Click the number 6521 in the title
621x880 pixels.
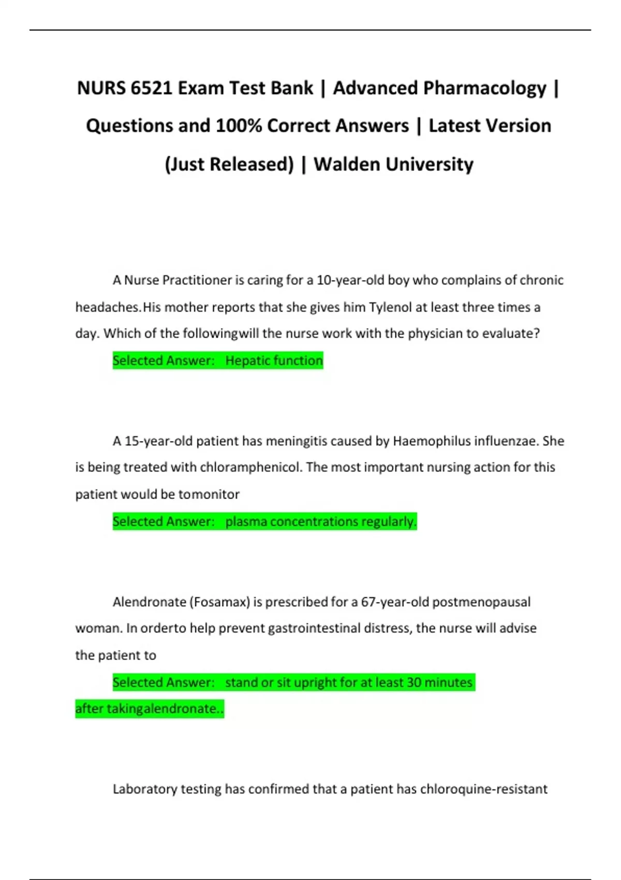click(x=151, y=89)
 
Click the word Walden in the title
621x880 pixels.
click(x=347, y=165)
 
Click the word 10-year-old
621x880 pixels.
click(x=350, y=281)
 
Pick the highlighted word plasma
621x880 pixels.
click(x=246, y=522)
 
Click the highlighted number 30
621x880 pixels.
click(x=414, y=683)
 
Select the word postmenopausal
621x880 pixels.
click(x=481, y=602)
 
